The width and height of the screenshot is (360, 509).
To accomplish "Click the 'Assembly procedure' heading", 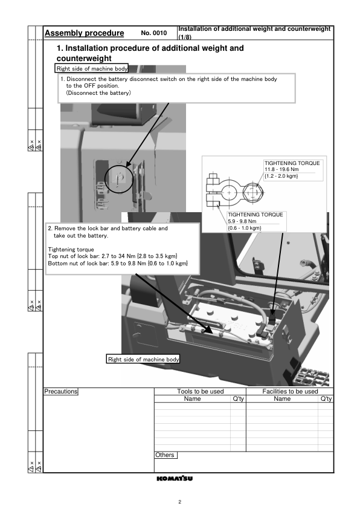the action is tap(85, 33).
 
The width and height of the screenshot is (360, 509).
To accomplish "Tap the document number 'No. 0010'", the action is tap(154, 33).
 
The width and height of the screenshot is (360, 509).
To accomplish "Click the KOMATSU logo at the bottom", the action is tap(175, 478).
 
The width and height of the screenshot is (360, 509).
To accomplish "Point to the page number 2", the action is tap(179, 502).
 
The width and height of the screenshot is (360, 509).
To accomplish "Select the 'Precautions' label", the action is tap(61, 392).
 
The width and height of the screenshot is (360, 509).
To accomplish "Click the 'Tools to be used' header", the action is tap(201, 392).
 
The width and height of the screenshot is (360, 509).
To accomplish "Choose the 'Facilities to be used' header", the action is tap(290, 392).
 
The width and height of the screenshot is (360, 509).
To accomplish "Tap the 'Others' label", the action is tap(165, 455).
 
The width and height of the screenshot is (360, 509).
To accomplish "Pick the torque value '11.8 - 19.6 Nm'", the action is tap(281, 169).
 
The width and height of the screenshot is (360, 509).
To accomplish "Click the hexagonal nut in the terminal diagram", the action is tap(253, 192).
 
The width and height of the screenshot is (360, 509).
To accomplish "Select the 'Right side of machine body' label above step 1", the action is tap(92, 68).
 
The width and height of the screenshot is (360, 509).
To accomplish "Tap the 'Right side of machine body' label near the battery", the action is tap(143, 359).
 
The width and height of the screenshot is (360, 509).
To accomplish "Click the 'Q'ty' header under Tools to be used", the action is tap(239, 398).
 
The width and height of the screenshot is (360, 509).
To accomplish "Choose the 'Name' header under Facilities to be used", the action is tap(282, 398).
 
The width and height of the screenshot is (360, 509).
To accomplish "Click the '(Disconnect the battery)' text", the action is tap(98, 93).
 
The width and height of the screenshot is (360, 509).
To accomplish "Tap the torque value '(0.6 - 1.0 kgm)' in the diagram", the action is tap(244, 228).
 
